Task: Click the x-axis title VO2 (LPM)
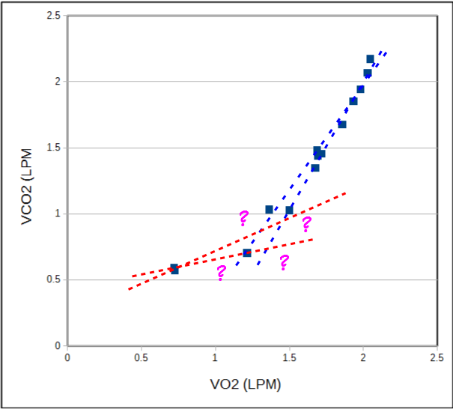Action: click(x=249, y=383)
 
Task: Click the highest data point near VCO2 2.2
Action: click(x=370, y=59)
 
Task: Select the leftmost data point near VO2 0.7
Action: click(x=174, y=268)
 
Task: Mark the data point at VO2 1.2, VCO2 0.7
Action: click(x=247, y=252)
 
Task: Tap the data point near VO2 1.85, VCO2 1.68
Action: click(x=342, y=124)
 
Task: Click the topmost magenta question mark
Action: click(x=243, y=218)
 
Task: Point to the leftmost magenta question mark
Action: click(x=221, y=273)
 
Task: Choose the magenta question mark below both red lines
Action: click(x=284, y=262)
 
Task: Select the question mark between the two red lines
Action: click(x=306, y=224)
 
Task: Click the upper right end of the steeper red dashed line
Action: click(x=346, y=193)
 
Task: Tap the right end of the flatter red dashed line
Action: click(x=311, y=239)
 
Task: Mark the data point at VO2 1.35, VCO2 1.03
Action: click(x=270, y=210)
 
